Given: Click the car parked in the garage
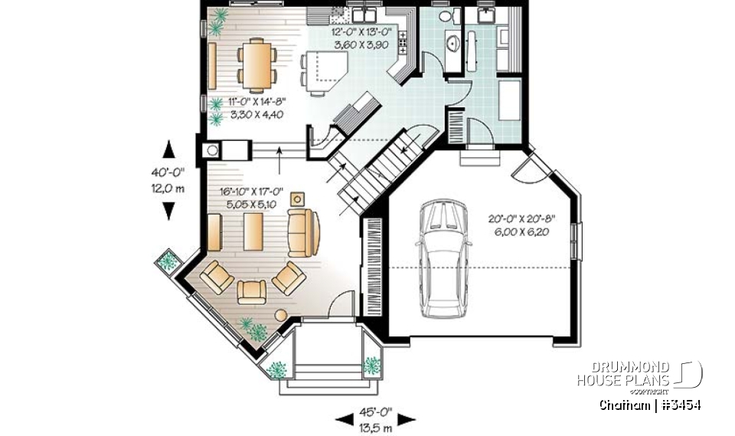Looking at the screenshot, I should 443,260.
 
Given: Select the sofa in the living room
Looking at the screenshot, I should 303,231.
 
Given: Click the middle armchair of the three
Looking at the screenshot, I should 252,290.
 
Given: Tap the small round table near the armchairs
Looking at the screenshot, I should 280,315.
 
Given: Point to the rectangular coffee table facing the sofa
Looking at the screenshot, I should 252,231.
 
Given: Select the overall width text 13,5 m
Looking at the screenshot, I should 375,427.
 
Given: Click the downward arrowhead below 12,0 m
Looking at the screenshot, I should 169,211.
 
